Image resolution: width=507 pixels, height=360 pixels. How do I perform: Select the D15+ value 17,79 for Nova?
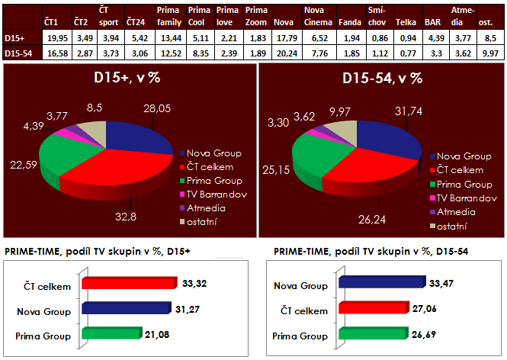pos(284,37)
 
